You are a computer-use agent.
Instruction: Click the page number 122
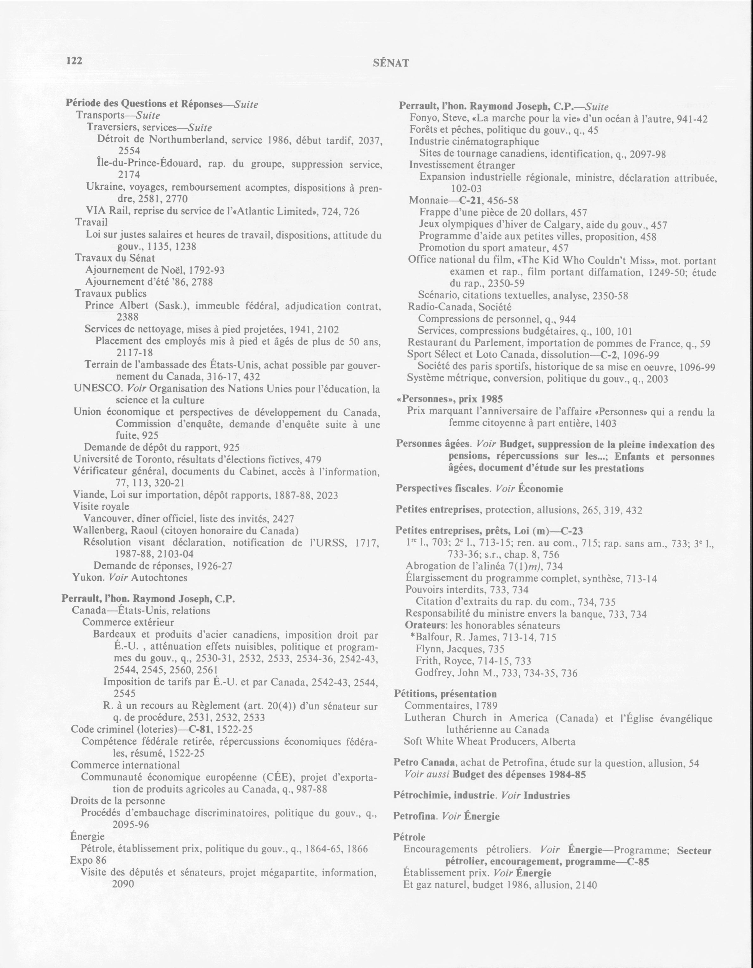click(74, 61)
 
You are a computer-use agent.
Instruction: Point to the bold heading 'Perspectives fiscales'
click(443, 488)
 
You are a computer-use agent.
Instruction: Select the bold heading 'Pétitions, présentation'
click(445, 694)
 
